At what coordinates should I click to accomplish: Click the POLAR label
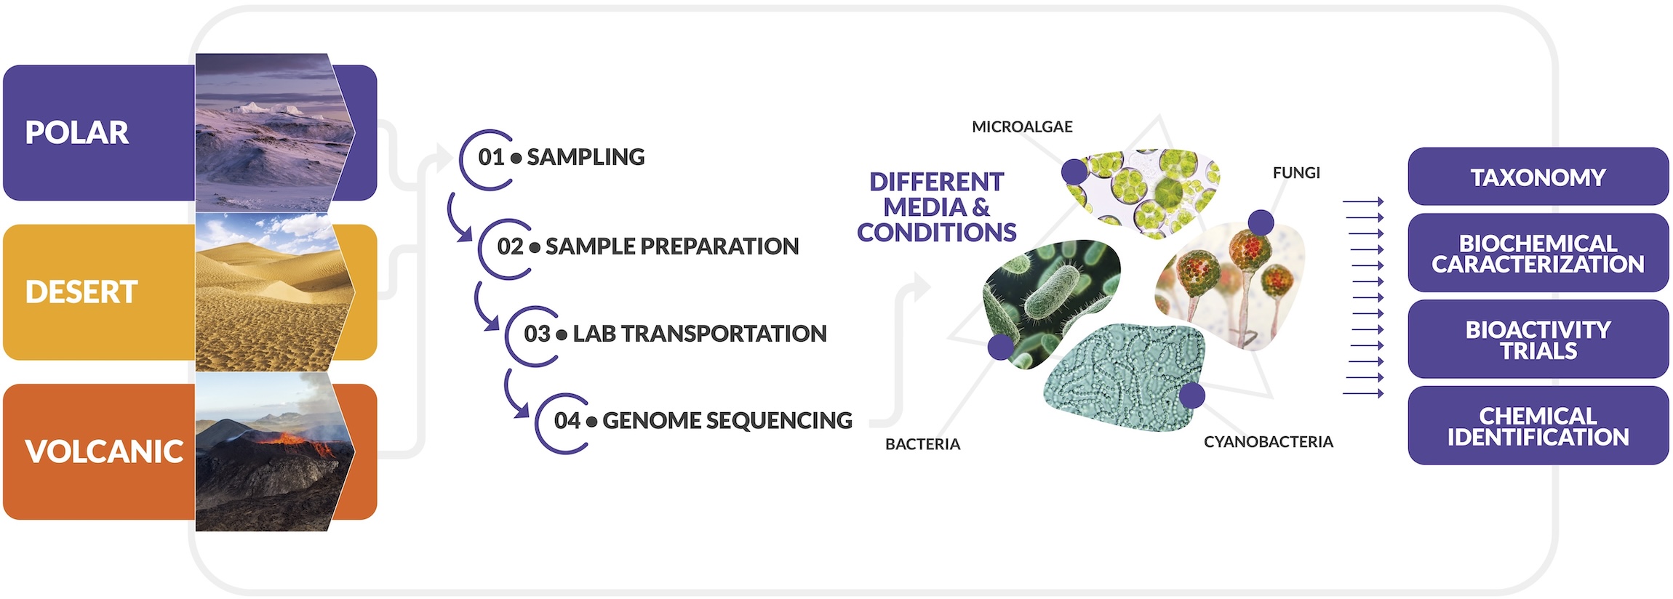coord(77,133)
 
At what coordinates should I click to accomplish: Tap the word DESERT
coord(81,292)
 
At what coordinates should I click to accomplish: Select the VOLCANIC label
coord(104,451)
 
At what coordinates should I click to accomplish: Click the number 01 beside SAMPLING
coord(491,157)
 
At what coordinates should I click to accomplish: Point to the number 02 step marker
coord(510,246)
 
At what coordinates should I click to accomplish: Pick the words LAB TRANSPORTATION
coord(700,334)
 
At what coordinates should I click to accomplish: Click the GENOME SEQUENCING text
coord(727,420)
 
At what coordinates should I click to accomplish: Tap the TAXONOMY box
coord(1538,177)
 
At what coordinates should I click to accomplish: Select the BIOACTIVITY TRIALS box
coord(1538,339)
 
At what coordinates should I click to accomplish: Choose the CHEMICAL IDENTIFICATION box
coord(1538,426)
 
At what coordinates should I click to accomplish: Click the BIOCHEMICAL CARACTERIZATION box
coord(1538,253)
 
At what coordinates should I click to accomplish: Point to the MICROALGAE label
coord(1022,127)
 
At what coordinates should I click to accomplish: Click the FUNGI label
coord(1296,173)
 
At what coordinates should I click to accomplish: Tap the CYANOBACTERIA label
coord(1269,442)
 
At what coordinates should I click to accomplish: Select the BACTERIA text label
coord(922,444)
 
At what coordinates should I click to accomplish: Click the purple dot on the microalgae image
coord(1074,172)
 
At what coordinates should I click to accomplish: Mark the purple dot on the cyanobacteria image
coord(1191,395)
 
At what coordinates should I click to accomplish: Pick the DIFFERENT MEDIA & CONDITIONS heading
coord(936,207)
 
